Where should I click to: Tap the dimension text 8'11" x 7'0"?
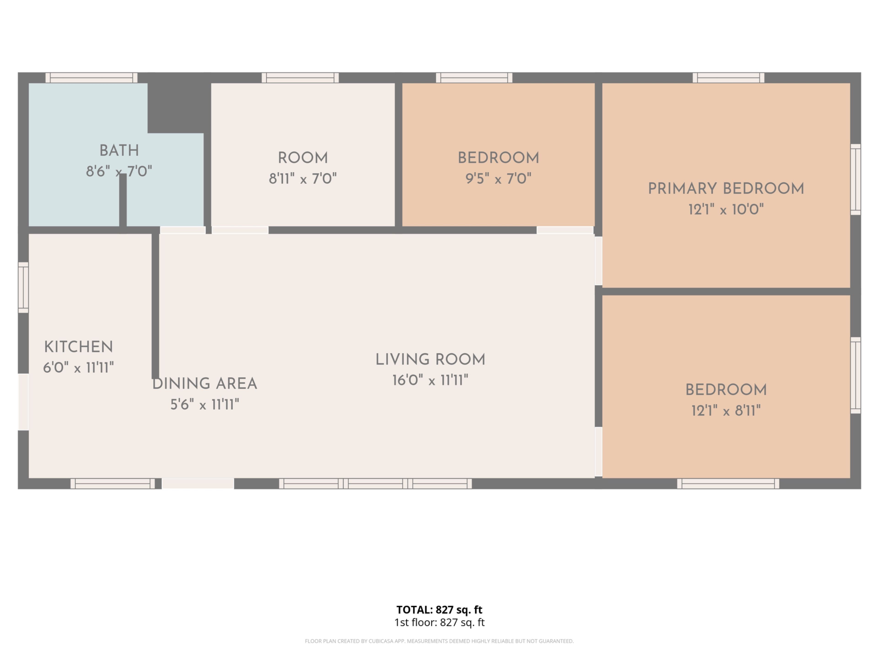pyautogui.click(x=303, y=179)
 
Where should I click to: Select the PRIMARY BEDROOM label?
pyautogui.click(x=726, y=189)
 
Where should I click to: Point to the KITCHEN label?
pyautogui.click(x=79, y=347)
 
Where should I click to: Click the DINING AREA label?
pyautogui.click(x=205, y=384)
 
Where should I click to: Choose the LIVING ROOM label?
pyautogui.click(x=430, y=359)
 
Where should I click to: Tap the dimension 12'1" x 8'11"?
pyautogui.click(x=726, y=410)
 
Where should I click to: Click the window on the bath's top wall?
pyautogui.click(x=91, y=78)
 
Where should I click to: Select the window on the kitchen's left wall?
pyautogui.click(x=23, y=287)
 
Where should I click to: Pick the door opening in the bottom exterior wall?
pyautogui.click(x=198, y=483)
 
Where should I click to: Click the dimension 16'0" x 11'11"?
pyautogui.click(x=430, y=380)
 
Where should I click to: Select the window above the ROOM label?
pyautogui.click(x=300, y=78)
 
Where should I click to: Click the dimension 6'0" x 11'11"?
pyautogui.click(x=79, y=368)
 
